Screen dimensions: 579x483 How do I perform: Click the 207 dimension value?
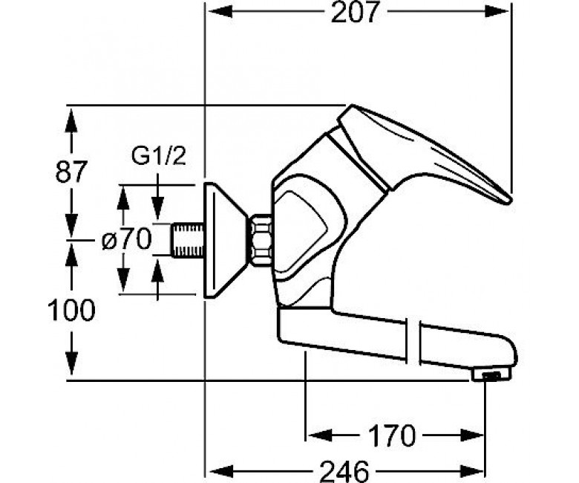pyautogui.click(x=356, y=12)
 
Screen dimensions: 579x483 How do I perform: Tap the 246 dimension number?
pyautogui.click(x=344, y=471)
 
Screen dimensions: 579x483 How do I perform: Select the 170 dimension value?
pyautogui.click(x=392, y=435)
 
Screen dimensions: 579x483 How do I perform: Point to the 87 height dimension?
pyautogui.click(x=71, y=171)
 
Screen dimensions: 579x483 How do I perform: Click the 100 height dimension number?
pyautogui.click(x=71, y=310)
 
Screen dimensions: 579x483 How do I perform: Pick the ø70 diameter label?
pyautogui.click(x=127, y=239)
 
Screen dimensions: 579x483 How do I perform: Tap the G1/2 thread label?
pyautogui.click(x=158, y=156)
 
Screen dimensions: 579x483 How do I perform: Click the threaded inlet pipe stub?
pyautogui.click(x=188, y=240)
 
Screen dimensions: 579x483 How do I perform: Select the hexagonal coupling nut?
pyautogui.click(x=261, y=239)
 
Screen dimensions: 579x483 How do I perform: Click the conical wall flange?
pyautogui.click(x=226, y=240)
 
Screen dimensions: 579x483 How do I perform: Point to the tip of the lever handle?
pyautogui.click(x=508, y=201)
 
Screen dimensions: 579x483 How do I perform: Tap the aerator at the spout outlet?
pyautogui.click(x=491, y=375)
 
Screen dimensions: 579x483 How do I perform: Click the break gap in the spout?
pyautogui.click(x=413, y=341)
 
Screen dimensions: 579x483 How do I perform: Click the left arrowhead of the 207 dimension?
pyautogui.click(x=220, y=12)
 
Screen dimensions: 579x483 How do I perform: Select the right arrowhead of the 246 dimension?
pyautogui.click(x=472, y=471)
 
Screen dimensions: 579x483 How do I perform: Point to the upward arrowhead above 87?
pyautogui.click(x=71, y=120)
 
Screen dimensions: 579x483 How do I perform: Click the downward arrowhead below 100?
pyautogui.click(x=71, y=363)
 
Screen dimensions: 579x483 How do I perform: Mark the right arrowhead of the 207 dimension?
pyautogui.click(x=497, y=12)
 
